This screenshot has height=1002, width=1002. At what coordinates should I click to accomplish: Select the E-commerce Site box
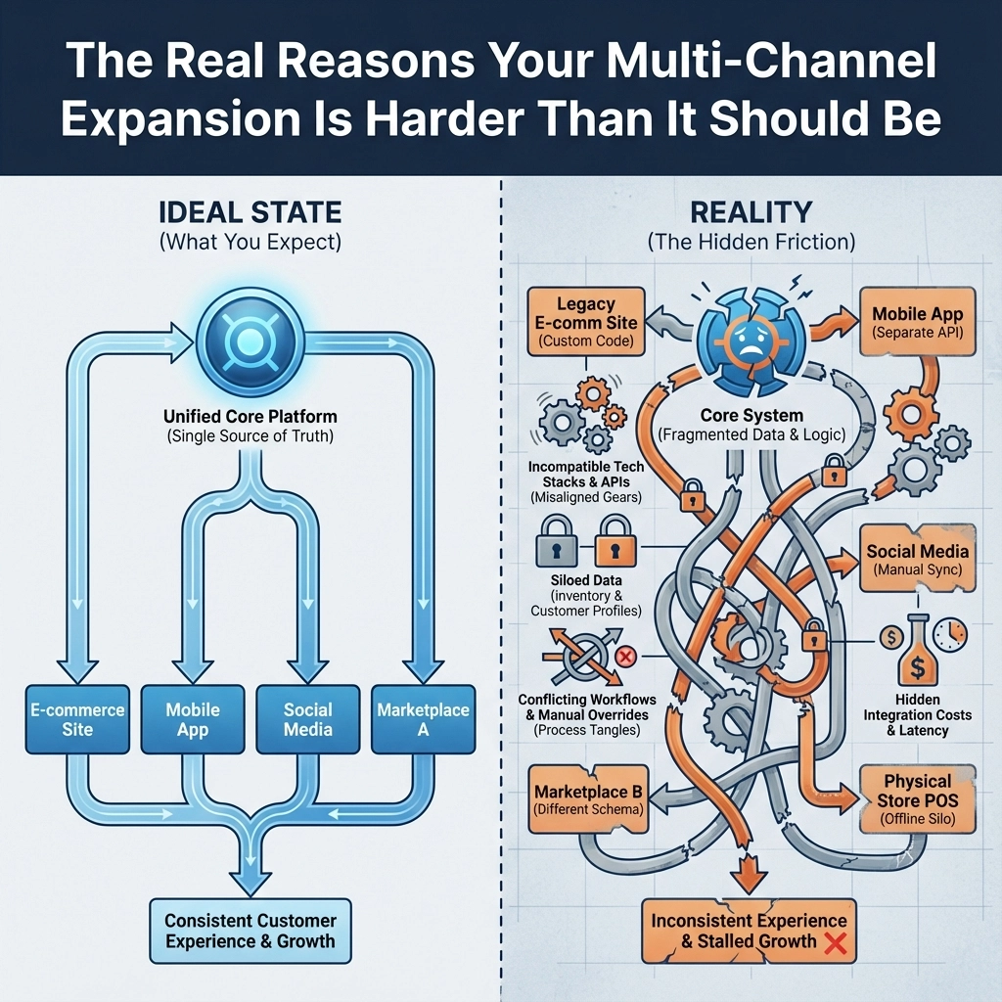point(75,719)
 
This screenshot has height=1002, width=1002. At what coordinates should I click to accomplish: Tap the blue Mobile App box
point(193,719)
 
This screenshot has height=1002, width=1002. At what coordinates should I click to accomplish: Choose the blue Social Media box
point(308,719)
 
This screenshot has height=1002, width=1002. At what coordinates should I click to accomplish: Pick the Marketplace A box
point(424,719)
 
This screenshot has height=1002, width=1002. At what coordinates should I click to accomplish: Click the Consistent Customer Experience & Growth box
point(250,932)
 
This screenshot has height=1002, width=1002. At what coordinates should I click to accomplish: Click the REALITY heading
point(751,213)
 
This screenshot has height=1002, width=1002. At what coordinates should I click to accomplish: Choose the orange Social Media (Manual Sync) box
point(918,559)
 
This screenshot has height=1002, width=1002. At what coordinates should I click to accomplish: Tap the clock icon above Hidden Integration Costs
point(946,637)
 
